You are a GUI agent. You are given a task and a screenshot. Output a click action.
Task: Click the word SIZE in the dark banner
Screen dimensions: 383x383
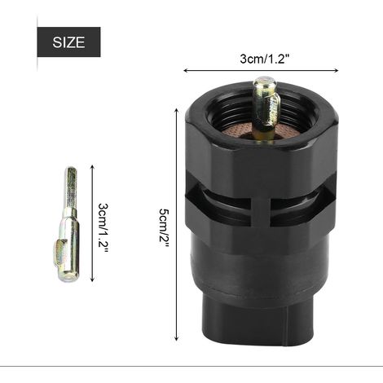68,42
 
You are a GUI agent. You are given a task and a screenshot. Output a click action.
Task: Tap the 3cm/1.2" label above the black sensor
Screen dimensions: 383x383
263,59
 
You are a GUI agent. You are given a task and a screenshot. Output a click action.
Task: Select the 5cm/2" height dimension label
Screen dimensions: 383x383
164,228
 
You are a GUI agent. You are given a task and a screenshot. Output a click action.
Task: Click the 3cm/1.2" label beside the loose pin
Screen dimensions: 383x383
103,227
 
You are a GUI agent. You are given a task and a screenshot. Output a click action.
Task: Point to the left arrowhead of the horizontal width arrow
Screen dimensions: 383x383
186,71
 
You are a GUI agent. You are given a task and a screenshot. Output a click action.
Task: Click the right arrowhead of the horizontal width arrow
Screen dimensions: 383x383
337,71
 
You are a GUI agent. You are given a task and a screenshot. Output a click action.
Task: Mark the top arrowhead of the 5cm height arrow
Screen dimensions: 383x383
177,110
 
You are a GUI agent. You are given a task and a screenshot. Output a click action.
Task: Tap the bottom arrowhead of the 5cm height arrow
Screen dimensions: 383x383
177,338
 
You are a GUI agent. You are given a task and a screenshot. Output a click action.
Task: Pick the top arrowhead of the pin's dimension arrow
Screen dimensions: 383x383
92,167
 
